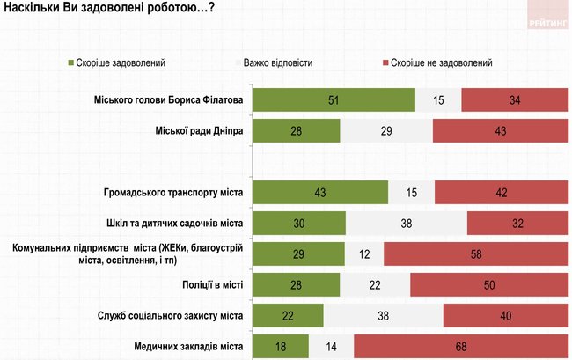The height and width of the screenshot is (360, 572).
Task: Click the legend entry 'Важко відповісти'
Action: [278, 63]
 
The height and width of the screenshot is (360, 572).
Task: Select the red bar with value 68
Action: [461, 347]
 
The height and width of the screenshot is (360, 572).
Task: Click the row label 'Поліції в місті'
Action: [211, 284]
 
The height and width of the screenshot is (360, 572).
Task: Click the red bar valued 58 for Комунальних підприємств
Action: [475, 253]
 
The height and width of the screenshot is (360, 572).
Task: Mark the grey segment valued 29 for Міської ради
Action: [386, 130]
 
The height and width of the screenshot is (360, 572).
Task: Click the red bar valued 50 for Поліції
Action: [489, 284]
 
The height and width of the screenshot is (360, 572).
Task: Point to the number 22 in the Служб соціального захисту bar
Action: [288, 315]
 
